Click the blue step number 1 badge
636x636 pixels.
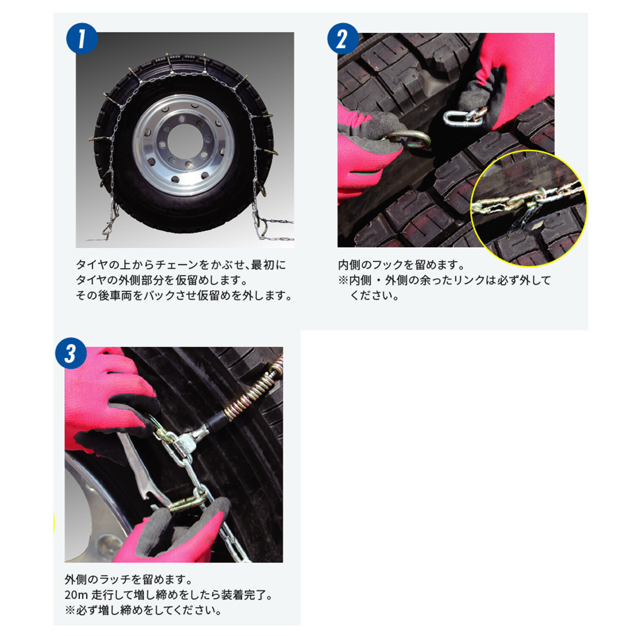click(x=82, y=39)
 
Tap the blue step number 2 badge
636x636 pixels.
click(x=343, y=39)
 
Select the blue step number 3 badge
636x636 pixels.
click(x=71, y=353)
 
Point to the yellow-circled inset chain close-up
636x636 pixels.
click(x=528, y=208)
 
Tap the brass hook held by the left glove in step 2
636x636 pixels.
click(x=409, y=139)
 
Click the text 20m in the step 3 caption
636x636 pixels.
click(x=76, y=595)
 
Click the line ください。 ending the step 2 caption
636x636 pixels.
click(x=374, y=296)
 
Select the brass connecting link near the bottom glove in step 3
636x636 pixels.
click(x=187, y=504)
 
